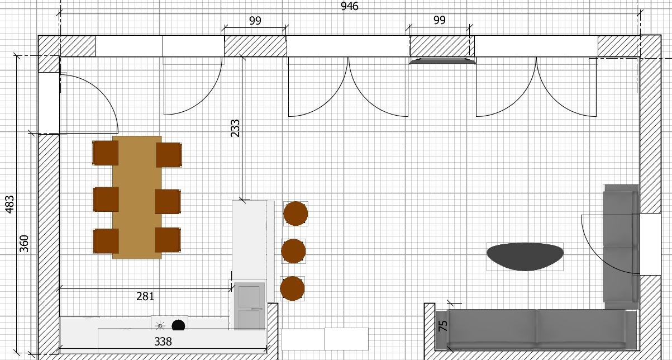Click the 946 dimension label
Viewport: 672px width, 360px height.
click(350, 6)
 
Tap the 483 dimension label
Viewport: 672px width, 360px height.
click(9, 205)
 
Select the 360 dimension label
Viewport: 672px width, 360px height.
click(24, 244)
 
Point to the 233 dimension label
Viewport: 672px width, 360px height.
click(235, 128)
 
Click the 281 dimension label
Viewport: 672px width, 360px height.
click(145, 296)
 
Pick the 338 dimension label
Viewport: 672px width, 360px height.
click(163, 342)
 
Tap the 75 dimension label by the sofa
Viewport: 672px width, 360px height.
click(443, 326)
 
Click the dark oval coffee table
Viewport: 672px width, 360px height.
click(525, 257)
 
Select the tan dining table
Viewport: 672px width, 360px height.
click(137, 197)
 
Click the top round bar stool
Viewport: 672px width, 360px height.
click(296, 214)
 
